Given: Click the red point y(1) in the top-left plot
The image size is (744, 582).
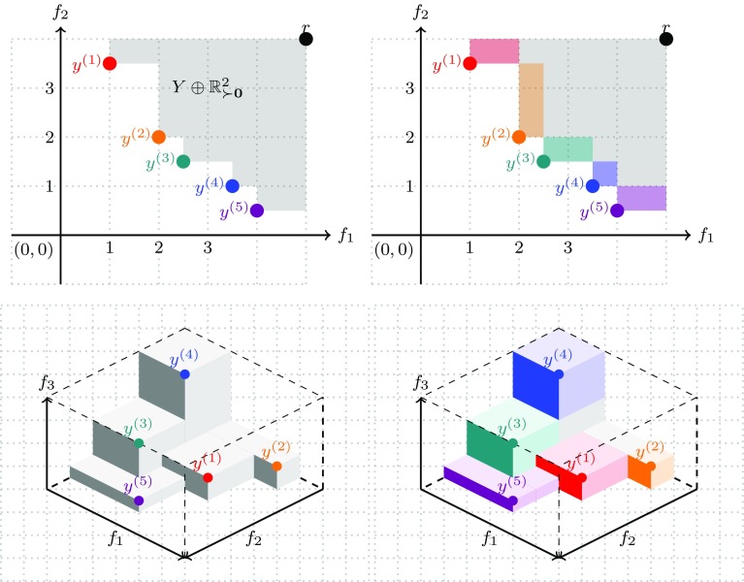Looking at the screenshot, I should point(110,64).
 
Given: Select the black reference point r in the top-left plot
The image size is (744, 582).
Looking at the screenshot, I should point(307,39).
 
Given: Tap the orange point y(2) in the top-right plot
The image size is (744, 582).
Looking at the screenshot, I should point(519,137).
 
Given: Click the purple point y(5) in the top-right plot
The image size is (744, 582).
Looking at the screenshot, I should point(617,210).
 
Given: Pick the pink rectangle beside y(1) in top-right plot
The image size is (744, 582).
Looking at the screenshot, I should point(494,50).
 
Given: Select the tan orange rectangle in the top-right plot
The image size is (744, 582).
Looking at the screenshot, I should point(531,99).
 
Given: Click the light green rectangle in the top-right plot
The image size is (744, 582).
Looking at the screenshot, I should point(567,148).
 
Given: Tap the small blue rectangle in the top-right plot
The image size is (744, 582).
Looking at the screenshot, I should point(604,174).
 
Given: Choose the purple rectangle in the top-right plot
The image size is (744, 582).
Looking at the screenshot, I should point(641,198).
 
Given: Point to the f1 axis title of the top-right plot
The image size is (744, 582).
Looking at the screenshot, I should point(707,235).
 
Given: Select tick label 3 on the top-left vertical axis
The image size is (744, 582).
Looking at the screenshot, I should point(45,88).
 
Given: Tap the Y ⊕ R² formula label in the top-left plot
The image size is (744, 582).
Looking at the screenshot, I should point(208,88).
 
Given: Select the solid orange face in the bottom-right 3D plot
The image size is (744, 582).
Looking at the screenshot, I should point(639,470).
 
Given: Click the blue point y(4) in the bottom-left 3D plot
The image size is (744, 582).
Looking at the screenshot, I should point(184,373).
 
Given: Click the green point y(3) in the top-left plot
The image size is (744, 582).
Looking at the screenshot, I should point(183,161).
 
